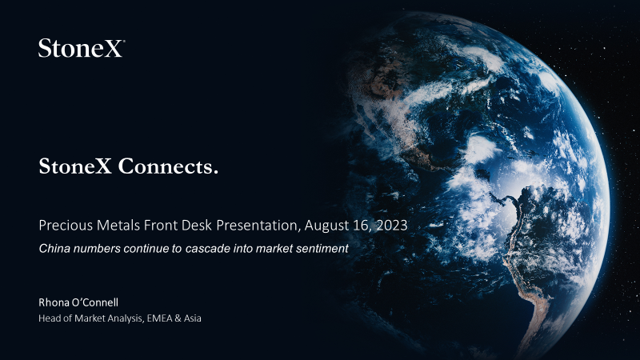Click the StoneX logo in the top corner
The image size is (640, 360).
[82, 48]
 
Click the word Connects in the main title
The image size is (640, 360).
[168, 166]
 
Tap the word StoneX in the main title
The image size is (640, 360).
[75, 166]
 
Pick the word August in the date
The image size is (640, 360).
[326, 226]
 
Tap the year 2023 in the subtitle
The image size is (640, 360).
[392, 226]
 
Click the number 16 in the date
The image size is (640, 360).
[362, 226]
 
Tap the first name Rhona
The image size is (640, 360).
[54, 302]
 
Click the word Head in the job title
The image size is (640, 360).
[46, 318]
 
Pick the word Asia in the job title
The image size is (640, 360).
[192, 318]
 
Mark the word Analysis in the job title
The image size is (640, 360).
[126, 318]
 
